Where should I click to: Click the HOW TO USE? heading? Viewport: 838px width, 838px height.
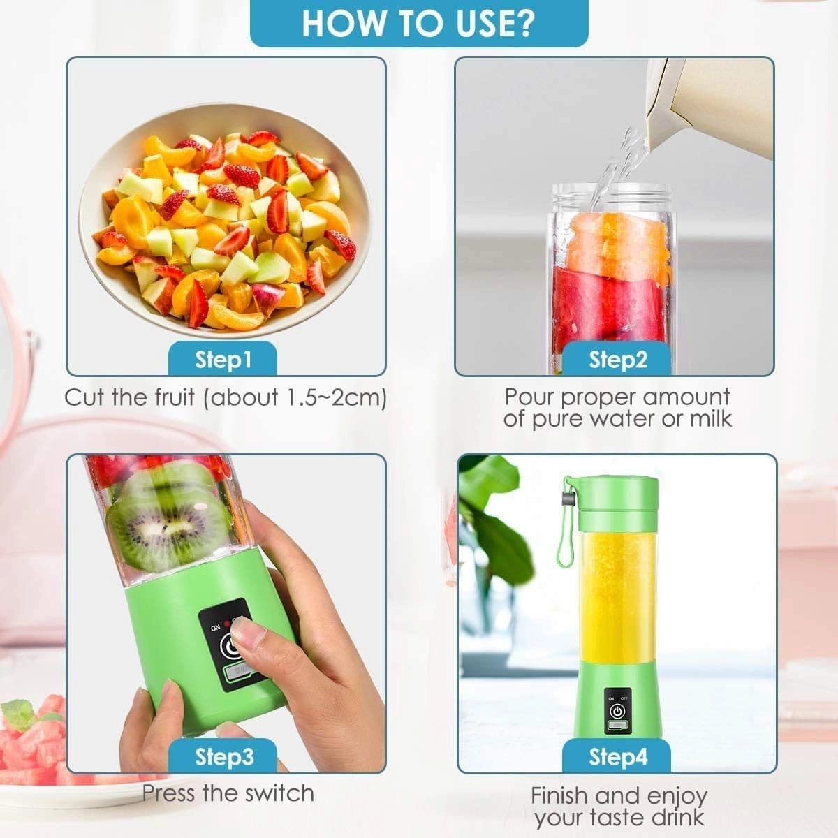[x=418, y=22]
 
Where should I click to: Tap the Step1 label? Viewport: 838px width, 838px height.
[x=223, y=360]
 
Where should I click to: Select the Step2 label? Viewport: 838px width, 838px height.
[x=618, y=360]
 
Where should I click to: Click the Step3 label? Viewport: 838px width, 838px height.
[x=224, y=756]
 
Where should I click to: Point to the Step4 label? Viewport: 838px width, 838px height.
[x=618, y=756]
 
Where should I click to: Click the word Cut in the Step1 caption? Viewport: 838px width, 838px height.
[x=85, y=397]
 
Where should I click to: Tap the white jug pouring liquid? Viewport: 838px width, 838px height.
[x=712, y=105]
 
